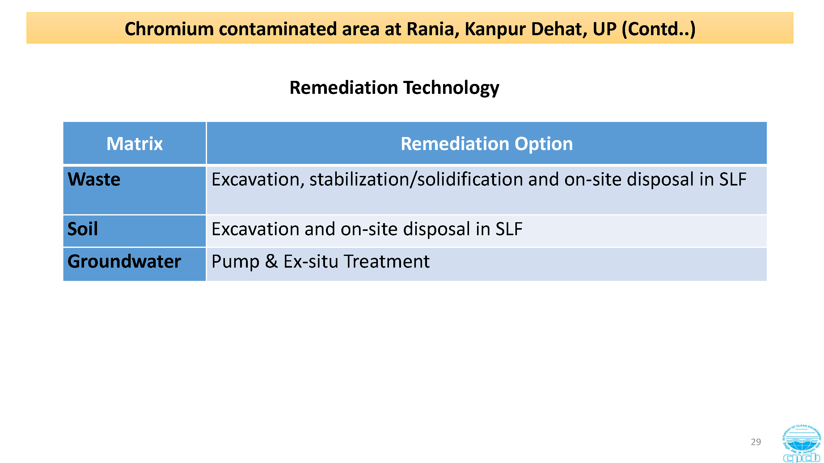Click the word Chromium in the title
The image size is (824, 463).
169,29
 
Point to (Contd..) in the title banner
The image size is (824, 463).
659,29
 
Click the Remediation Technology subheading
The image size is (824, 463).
394,88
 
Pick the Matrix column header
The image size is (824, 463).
135,144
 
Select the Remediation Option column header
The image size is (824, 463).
487,144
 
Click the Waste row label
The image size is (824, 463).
94,179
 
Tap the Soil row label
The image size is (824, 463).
82,229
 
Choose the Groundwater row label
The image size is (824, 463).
124,261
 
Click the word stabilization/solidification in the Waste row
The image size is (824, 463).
416,179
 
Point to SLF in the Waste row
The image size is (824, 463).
733,179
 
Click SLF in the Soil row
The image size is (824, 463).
509,229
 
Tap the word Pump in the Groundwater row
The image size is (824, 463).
235,262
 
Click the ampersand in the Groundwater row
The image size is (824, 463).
271,261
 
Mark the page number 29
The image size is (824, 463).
755,442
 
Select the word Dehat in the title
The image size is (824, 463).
559,29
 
